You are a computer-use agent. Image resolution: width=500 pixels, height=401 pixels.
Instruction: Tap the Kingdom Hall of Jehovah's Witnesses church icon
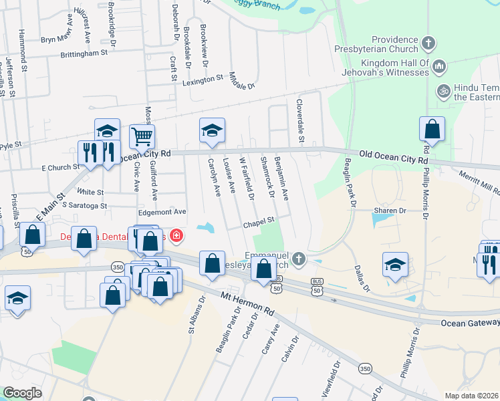point(439,66)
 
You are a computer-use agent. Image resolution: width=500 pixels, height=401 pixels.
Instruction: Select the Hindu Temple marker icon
point(442,90)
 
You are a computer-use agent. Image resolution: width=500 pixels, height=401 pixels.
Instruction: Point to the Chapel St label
point(259,220)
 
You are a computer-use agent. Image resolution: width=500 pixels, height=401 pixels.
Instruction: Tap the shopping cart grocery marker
point(142,136)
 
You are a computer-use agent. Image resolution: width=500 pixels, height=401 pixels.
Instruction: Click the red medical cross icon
point(176,235)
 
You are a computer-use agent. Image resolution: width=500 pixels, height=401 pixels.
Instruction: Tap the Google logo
point(22,393)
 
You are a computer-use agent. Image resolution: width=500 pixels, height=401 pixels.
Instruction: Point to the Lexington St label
point(203,78)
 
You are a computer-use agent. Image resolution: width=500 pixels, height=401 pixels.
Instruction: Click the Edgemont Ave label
point(162,211)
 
